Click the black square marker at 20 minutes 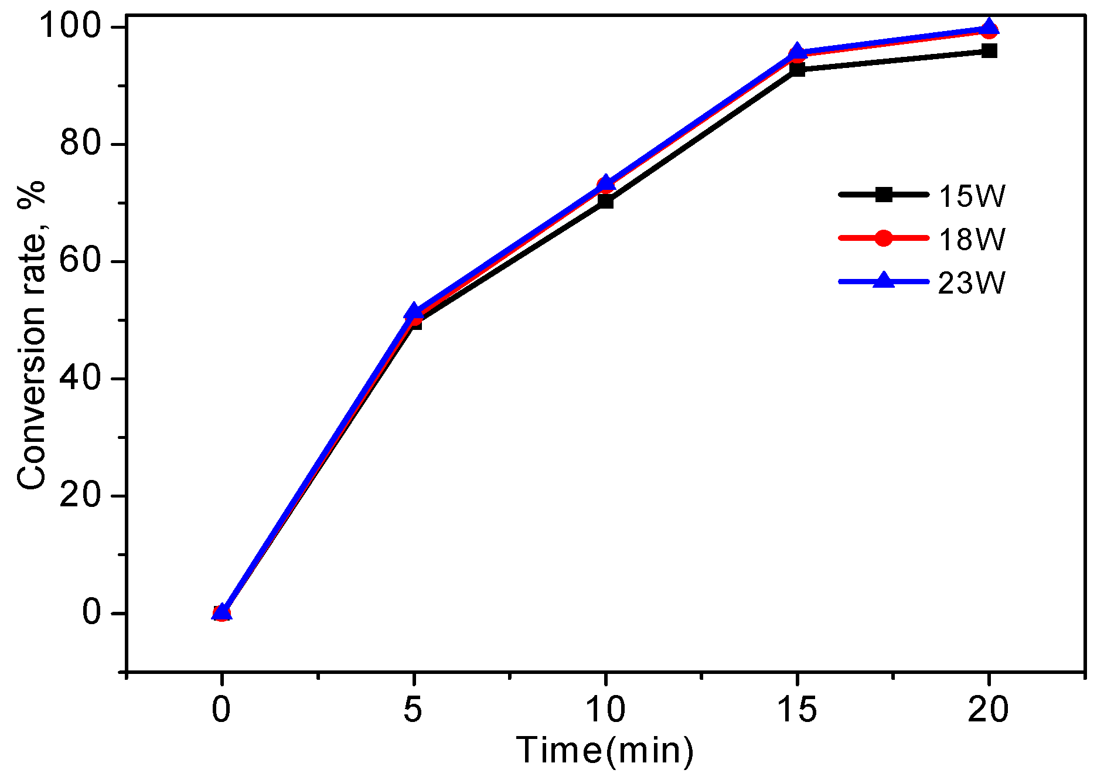(x=989, y=50)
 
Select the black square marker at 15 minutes (x=798, y=69)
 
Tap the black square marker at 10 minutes (x=606, y=202)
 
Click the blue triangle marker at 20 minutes (x=989, y=27)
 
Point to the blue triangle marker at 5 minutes (x=414, y=311)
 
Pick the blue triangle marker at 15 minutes (x=798, y=52)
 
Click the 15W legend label (x=972, y=196)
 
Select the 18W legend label (x=972, y=239)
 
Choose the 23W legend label (x=972, y=283)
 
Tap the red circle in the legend (x=884, y=238)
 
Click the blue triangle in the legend (x=884, y=281)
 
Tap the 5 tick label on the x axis (x=413, y=710)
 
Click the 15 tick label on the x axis (x=797, y=710)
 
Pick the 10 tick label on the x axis (x=605, y=710)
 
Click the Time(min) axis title (x=605, y=751)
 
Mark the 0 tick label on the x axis (x=221, y=710)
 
